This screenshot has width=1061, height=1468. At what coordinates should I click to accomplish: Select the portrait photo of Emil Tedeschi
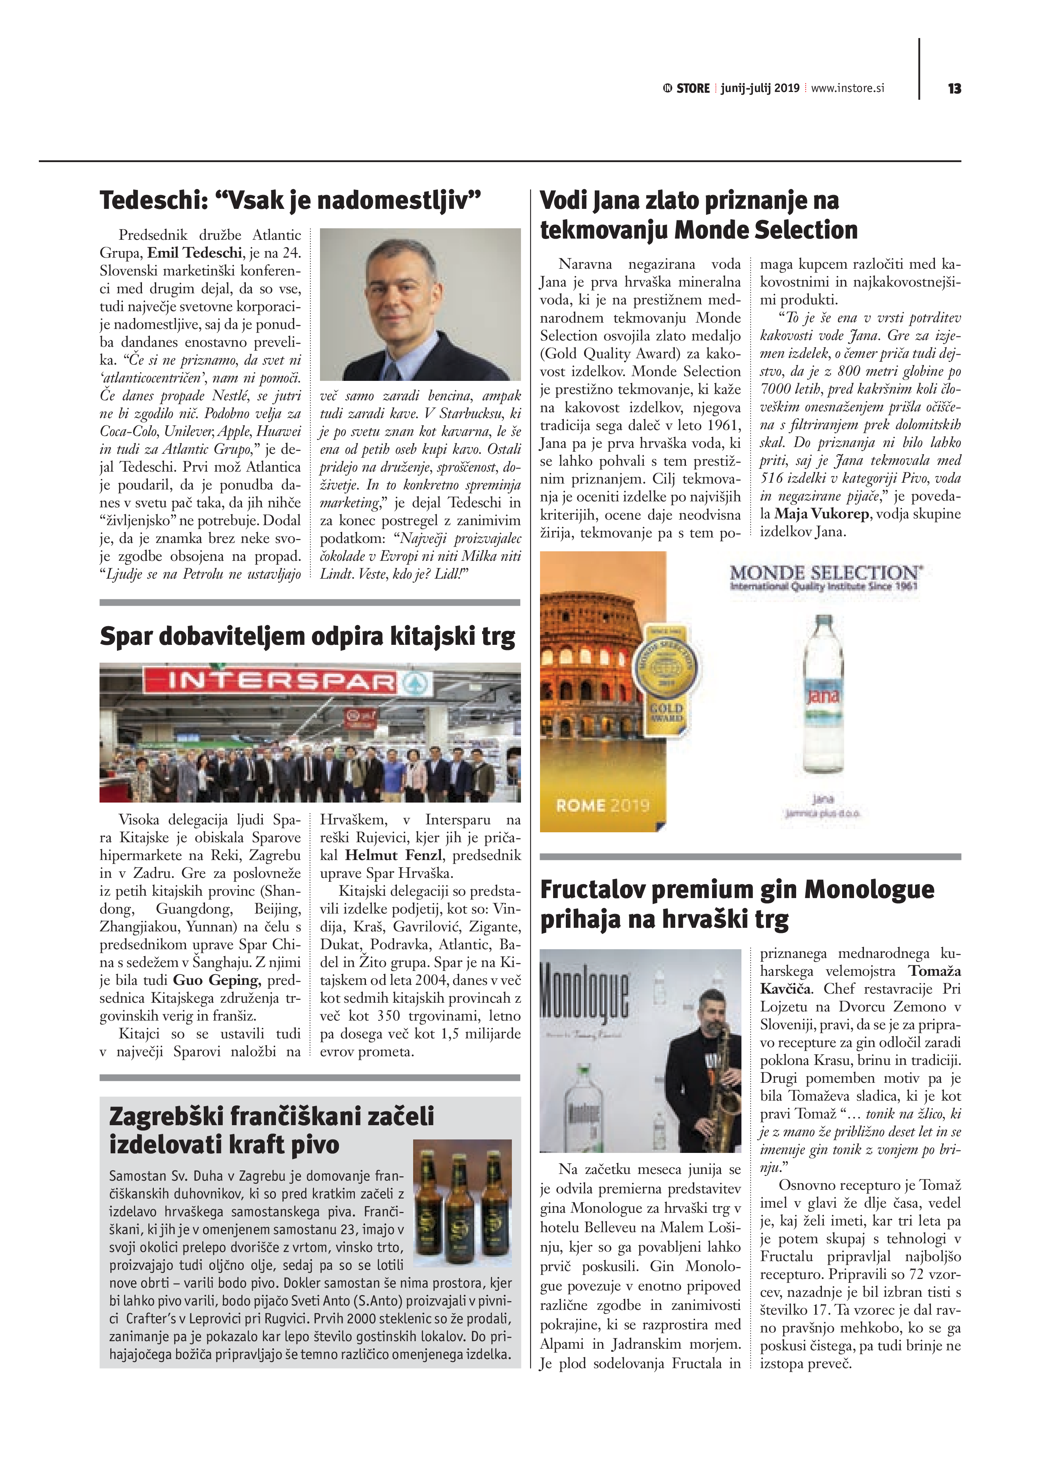(x=420, y=304)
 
